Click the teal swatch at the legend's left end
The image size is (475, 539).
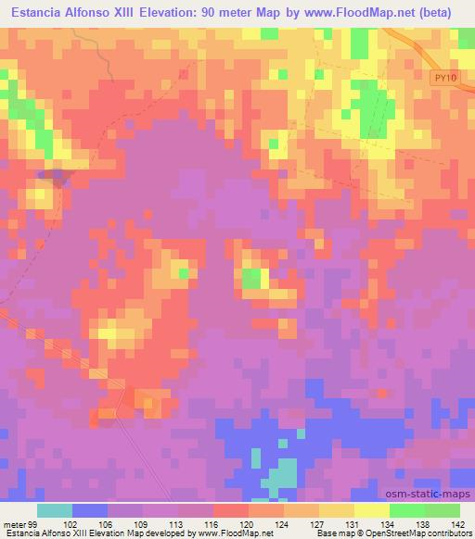(x=55, y=510)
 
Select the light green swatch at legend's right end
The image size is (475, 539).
(x=442, y=510)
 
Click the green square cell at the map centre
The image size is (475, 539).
(x=251, y=277)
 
